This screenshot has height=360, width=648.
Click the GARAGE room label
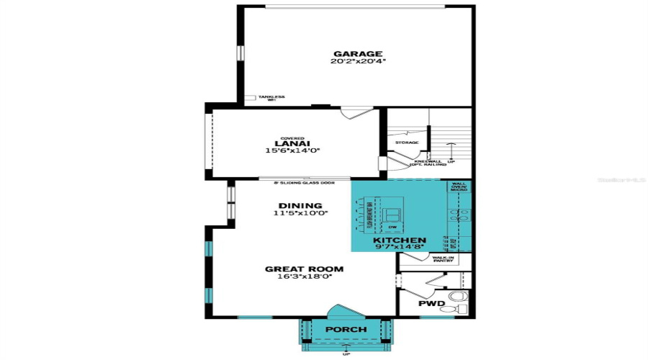357,53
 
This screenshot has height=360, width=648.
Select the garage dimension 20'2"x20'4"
358,62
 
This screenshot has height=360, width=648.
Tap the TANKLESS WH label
271,98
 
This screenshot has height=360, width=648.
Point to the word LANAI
292,143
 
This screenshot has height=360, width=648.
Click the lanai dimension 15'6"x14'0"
292,151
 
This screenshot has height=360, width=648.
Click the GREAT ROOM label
304,269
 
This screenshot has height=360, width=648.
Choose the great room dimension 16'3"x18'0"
304,277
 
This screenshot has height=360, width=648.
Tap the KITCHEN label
400,240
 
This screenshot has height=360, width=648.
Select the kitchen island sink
392,214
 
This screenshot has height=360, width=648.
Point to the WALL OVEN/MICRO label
459,186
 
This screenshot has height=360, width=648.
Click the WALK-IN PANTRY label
442,258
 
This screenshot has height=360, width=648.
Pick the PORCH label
346,330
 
